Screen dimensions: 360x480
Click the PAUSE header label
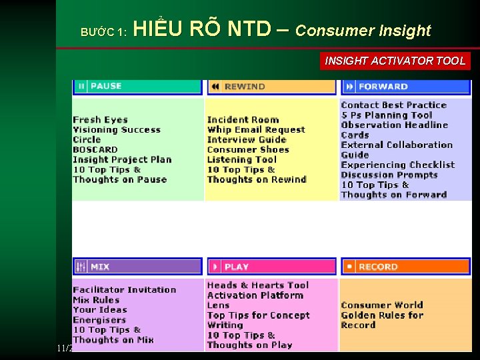(x=106, y=86)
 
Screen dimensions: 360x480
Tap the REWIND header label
(x=245, y=86)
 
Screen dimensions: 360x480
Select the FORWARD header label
(x=383, y=87)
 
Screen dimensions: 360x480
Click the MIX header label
(x=100, y=267)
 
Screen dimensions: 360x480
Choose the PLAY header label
(x=237, y=267)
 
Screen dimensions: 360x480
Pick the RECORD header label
(x=378, y=267)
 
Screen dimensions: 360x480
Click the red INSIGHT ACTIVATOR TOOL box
(x=395, y=61)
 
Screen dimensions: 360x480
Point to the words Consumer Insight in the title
(x=363, y=31)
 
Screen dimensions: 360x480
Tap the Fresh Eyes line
(x=100, y=120)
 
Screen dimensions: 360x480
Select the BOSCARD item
(x=95, y=150)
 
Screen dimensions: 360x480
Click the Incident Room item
(x=243, y=120)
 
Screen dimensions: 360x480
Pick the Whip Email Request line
(x=256, y=130)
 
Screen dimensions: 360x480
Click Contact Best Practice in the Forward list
(x=393, y=105)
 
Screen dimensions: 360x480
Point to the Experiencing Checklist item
(x=397, y=165)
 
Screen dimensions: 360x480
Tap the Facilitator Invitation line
(x=125, y=290)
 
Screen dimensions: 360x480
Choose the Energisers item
(x=99, y=320)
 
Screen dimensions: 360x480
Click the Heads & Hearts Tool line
(x=258, y=285)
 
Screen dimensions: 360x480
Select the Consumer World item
(x=382, y=305)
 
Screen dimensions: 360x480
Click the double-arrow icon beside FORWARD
(x=349, y=87)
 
